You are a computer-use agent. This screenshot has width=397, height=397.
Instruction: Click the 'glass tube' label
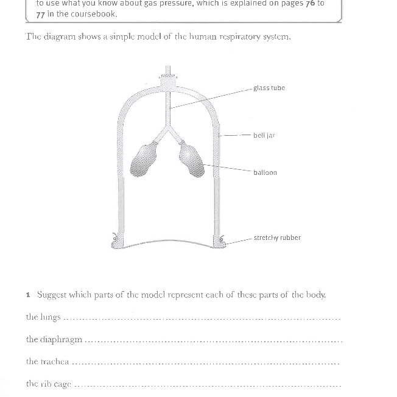269,88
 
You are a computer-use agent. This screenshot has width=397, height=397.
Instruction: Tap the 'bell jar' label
264,135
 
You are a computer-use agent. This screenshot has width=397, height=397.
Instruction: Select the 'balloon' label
265,172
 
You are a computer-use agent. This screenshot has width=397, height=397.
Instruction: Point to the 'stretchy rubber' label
277,237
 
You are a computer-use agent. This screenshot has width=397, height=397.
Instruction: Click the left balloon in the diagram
144,160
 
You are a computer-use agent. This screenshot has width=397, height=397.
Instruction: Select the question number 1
28,295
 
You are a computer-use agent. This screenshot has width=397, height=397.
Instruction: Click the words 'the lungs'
43,317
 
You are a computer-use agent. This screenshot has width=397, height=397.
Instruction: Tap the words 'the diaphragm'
54,340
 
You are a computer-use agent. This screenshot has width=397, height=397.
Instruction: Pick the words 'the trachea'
47,362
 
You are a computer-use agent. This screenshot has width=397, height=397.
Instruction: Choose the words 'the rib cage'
49,384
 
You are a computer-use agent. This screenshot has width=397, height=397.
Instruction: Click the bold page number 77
41,14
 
